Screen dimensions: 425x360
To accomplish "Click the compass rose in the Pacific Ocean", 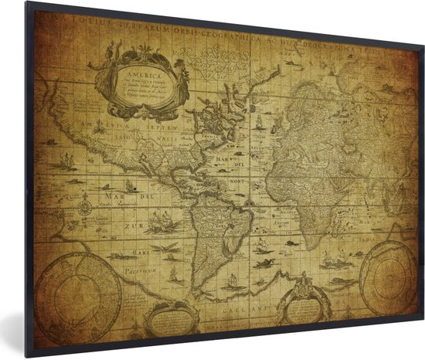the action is pos(84,204).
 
